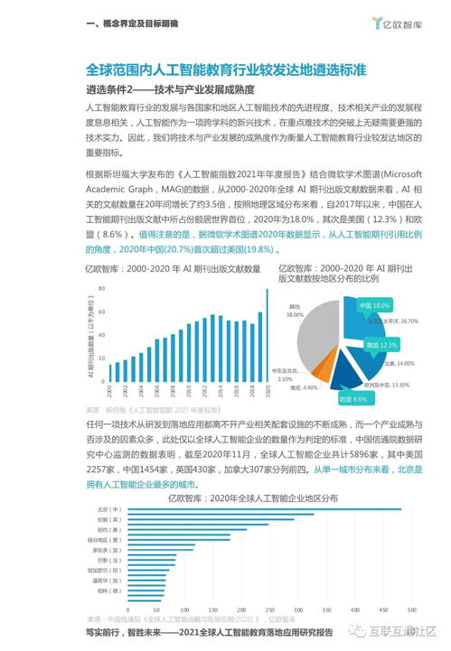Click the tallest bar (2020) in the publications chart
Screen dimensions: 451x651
point(267,334)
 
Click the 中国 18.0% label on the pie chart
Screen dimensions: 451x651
point(373,306)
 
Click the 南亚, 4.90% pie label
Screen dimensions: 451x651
point(307,387)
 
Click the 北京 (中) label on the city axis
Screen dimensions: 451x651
point(108,510)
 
